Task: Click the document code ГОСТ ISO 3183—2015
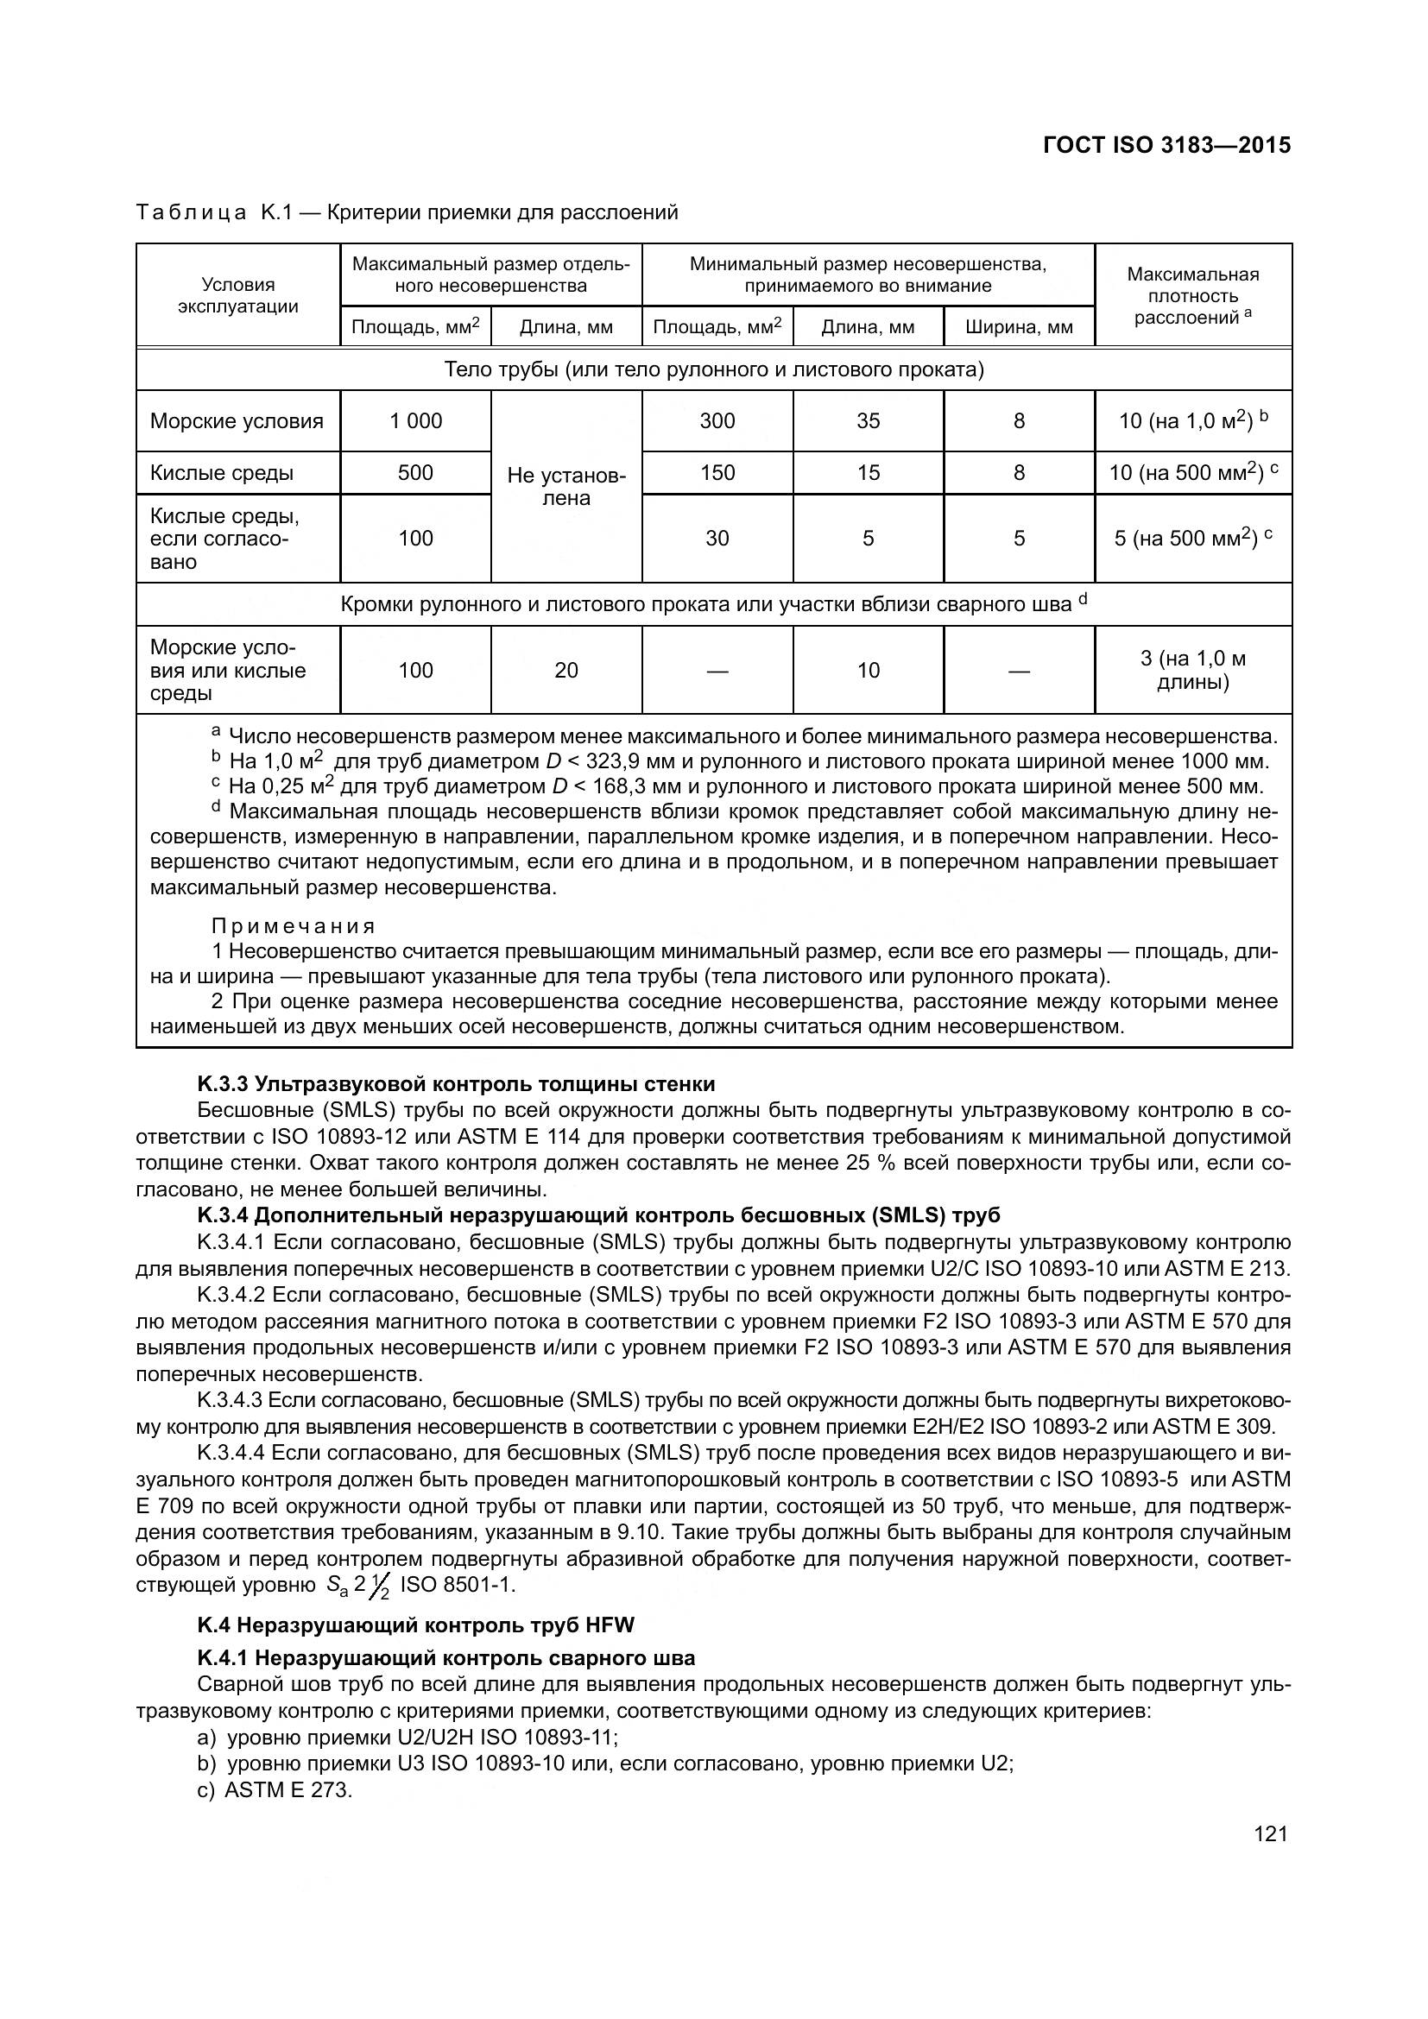click(1166, 145)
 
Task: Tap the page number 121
click(1271, 1833)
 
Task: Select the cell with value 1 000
click(415, 421)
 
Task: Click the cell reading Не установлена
click(566, 487)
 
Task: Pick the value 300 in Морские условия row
click(717, 421)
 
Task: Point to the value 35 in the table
click(868, 421)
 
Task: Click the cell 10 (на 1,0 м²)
click(1192, 421)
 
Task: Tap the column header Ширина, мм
click(1018, 328)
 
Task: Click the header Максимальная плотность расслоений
click(1192, 295)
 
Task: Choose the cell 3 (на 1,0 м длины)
click(1192, 670)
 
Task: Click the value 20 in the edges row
click(566, 671)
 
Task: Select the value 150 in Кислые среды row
click(717, 473)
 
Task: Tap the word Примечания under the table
click(293, 926)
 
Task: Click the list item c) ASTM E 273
click(275, 1789)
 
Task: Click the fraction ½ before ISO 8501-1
click(381, 1587)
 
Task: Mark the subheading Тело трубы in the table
click(713, 369)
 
